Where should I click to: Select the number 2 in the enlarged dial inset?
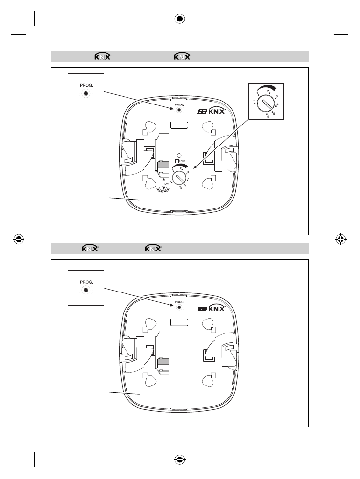tap(268, 91)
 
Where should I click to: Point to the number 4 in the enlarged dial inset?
tap(278, 104)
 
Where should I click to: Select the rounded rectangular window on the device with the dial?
tap(180, 125)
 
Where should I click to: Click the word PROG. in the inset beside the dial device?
tap(85, 85)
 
